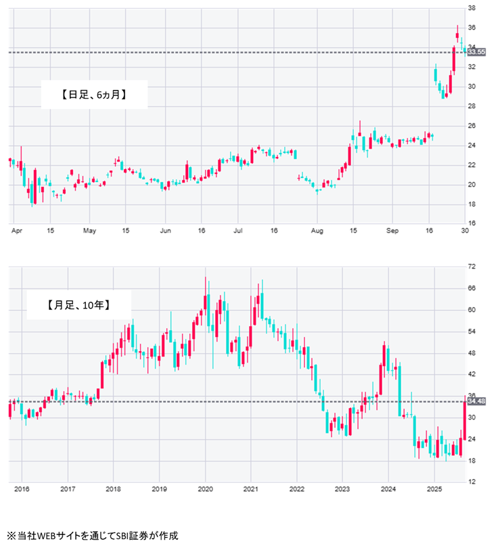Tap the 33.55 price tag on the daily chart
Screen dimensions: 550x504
coord(476,52)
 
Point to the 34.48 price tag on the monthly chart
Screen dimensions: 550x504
coord(476,402)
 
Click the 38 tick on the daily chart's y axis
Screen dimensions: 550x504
coord(472,8)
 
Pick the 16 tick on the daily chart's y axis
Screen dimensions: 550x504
coord(472,223)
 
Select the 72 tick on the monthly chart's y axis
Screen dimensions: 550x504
coord(472,267)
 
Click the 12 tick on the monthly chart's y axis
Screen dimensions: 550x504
coord(472,482)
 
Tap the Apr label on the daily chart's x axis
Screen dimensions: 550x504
coord(17,231)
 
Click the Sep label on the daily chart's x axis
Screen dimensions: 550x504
coord(392,231)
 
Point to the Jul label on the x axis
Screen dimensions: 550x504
coord(237,231)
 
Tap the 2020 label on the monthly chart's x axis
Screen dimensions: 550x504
coord(205,488)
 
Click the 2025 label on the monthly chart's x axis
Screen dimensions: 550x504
coord(434,488)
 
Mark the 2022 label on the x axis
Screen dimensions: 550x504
coord(296,488)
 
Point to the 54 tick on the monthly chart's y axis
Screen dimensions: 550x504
coord(472,331)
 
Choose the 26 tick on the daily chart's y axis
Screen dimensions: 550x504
coord(472,126)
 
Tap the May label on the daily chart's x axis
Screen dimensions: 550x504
coord(90,231)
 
